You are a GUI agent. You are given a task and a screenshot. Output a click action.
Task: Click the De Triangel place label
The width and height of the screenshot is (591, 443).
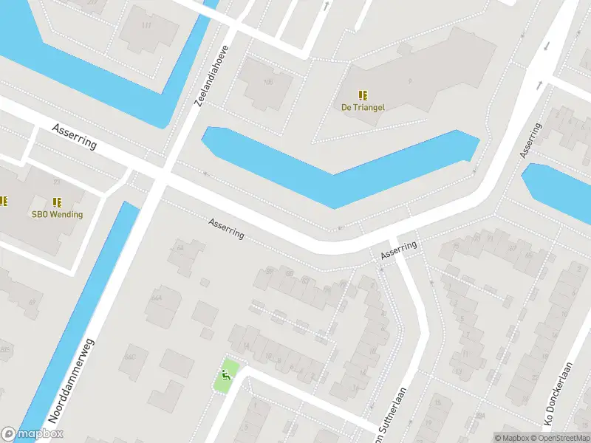[x=363, y=107]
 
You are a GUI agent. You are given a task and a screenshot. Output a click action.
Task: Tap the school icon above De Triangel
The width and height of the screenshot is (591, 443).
[x=363, y=95]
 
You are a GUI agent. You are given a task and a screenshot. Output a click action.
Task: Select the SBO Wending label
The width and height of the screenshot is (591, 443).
[x=57, y=215]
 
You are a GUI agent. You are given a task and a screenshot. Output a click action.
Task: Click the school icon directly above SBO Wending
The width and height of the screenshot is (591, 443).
[x=57, y=202]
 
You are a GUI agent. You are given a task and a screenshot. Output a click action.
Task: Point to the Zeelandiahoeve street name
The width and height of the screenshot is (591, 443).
[x=212, y=74]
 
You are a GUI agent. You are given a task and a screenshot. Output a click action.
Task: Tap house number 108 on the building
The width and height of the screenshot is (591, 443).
[x=267, y=82]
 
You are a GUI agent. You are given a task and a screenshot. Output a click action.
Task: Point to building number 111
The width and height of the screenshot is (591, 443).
[x=146, y=26]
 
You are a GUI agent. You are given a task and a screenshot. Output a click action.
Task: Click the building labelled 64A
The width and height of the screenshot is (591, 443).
[x=157, y=298]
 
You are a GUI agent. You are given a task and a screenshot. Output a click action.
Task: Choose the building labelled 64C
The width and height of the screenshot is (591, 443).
[x=131, y=357]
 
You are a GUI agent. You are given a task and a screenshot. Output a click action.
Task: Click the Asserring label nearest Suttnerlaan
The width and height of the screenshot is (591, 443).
[x=399, y=250]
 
